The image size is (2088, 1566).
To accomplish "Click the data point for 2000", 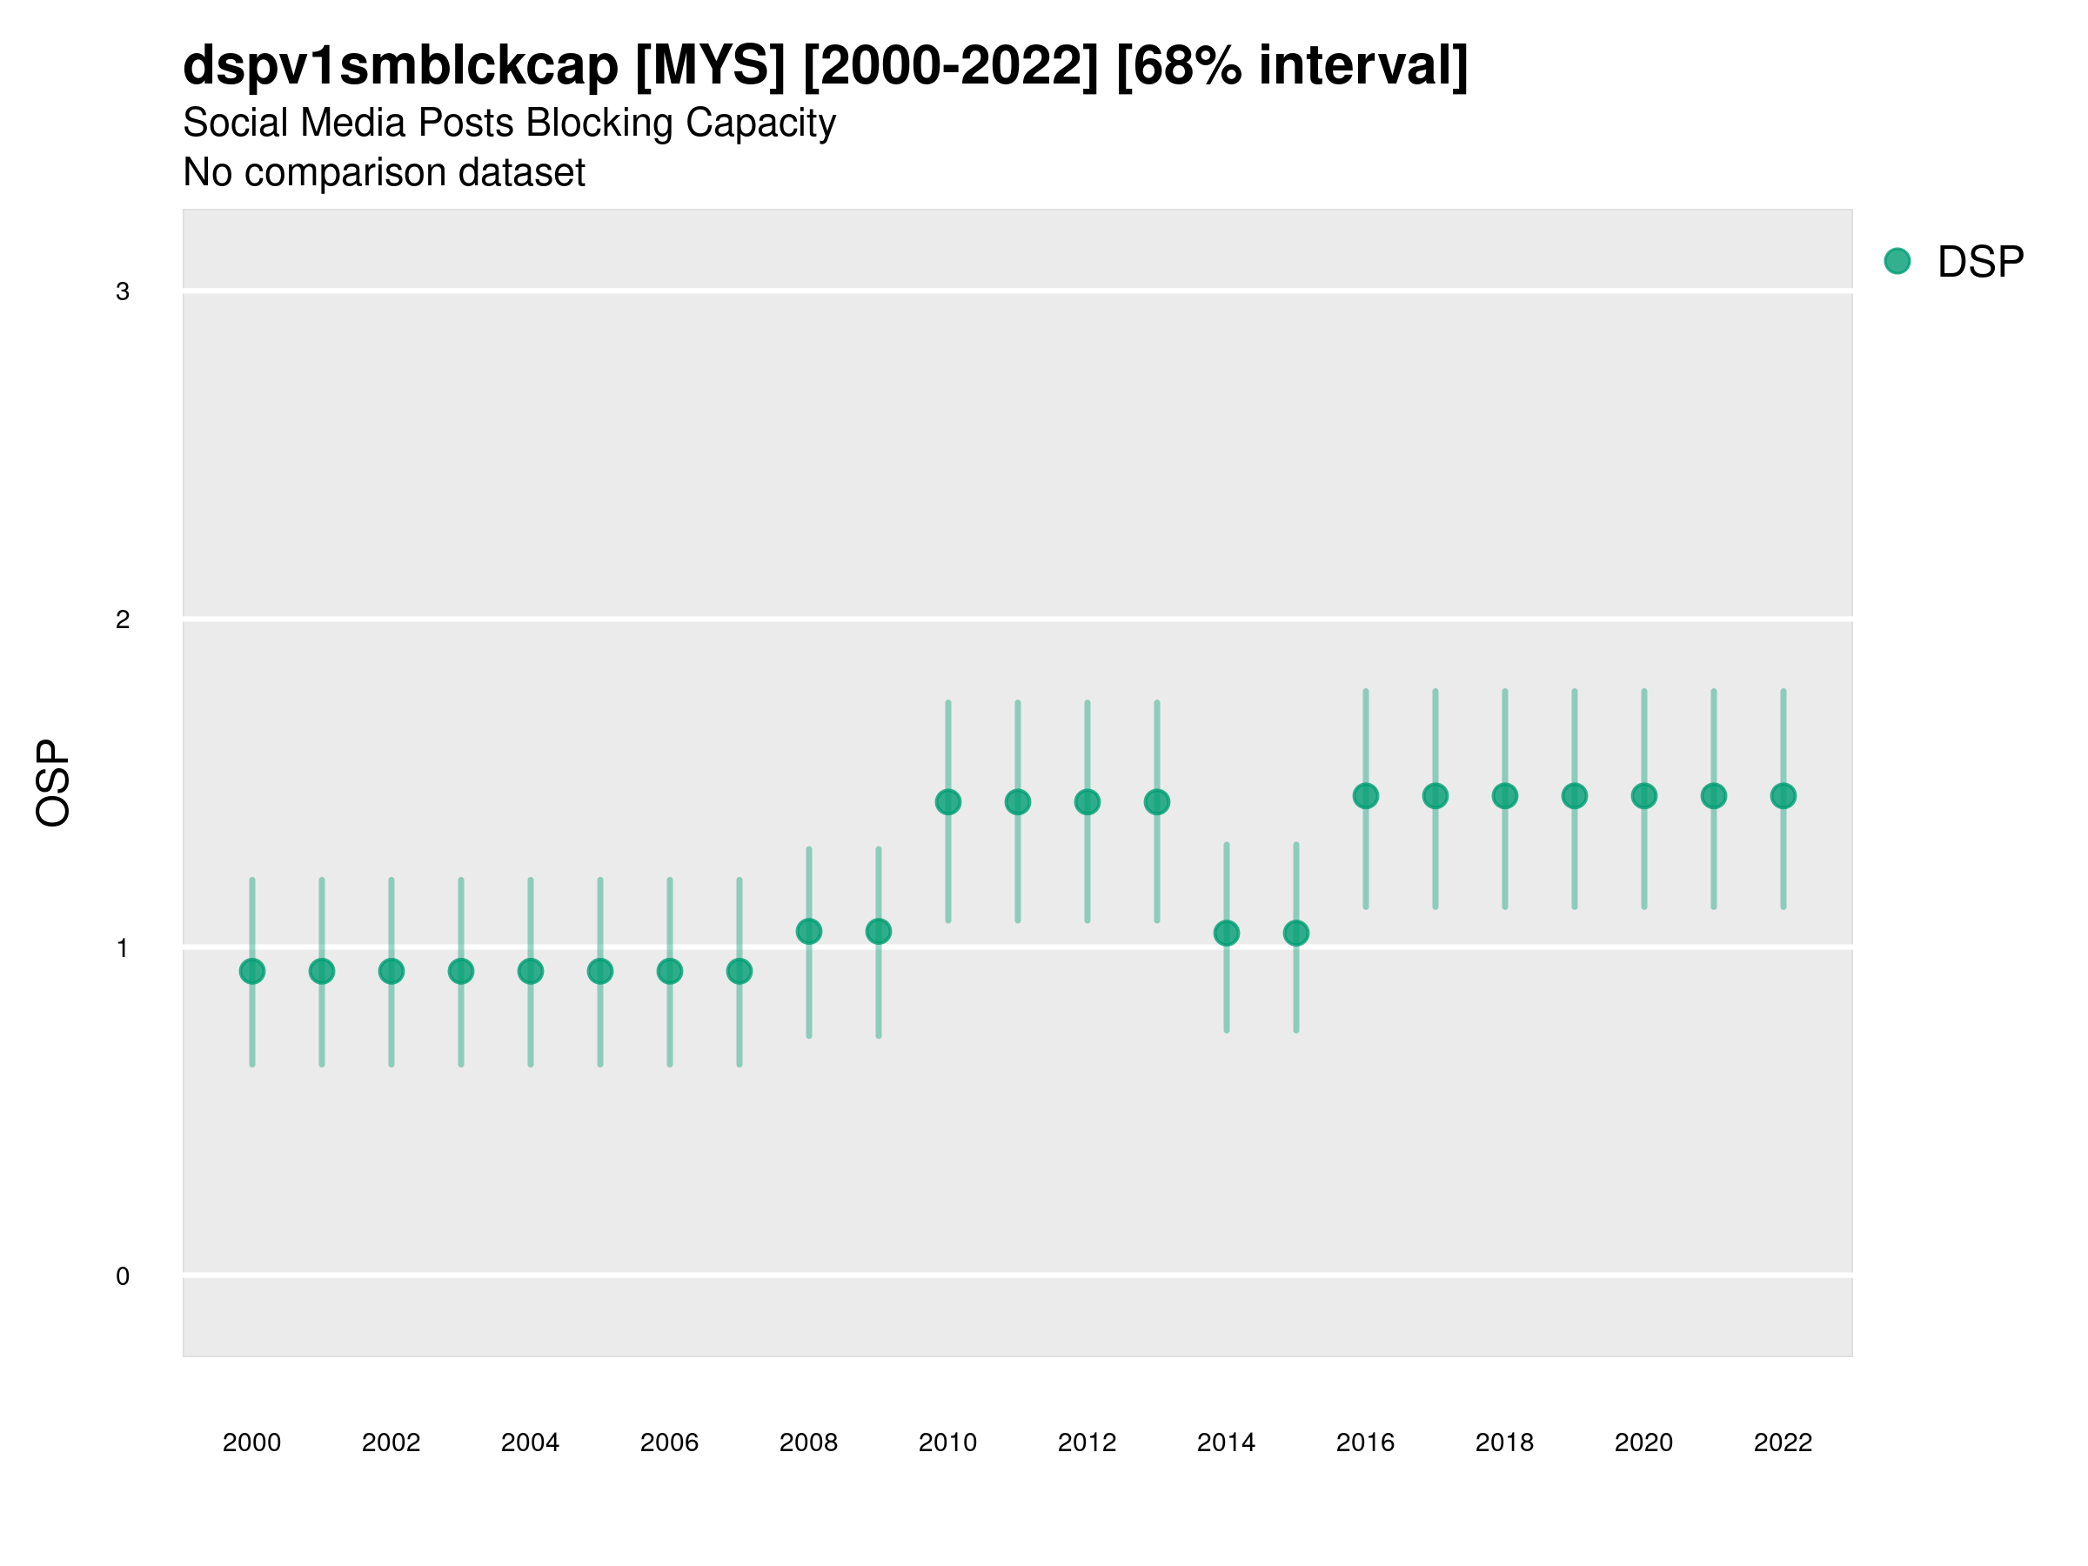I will pyautogui.click(x=252, y=971).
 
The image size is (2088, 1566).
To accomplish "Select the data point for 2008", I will pyautogui.click(x=809, y=932).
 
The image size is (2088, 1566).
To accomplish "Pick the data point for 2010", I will pyautogui.click(x=947, y=802).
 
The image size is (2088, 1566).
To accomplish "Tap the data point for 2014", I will pyautogui.click(x=1226, y=934).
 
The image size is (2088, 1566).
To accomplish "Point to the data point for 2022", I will pyautogui.click(x=1783, y=796).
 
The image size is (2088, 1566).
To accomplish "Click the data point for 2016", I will pyautogui.click(x=1366, y=796).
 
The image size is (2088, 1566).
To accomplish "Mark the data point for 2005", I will pyautogui.click(x=600, y=971).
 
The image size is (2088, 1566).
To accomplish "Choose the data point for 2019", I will pyautogui.click(x=1575, y=796).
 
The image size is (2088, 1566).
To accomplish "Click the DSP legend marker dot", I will pyautogui.click(x=1897, y=262).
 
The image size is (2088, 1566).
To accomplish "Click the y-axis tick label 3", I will pyautogui.click(x=123, y=291).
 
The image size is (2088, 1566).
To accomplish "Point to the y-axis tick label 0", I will pyautogui.click(x=123, y=1276).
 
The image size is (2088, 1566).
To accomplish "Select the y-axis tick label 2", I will pyautogui.click(x=123, y=620).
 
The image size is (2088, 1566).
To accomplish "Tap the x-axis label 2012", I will pyautogui.click(x=1087, y=1442).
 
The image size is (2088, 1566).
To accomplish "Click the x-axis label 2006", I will pyautogui.click(x=669, y=1442).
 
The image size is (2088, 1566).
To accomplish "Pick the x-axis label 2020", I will pyautogui.click(x=1643, y=1442).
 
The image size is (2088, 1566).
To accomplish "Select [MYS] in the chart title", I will pyautogui.click(x=710, y=66).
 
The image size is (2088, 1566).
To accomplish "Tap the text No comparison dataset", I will pyautogui.click(x=384, y=173).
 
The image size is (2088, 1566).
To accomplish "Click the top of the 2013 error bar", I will pyautogui.click(x=1157, y=703).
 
